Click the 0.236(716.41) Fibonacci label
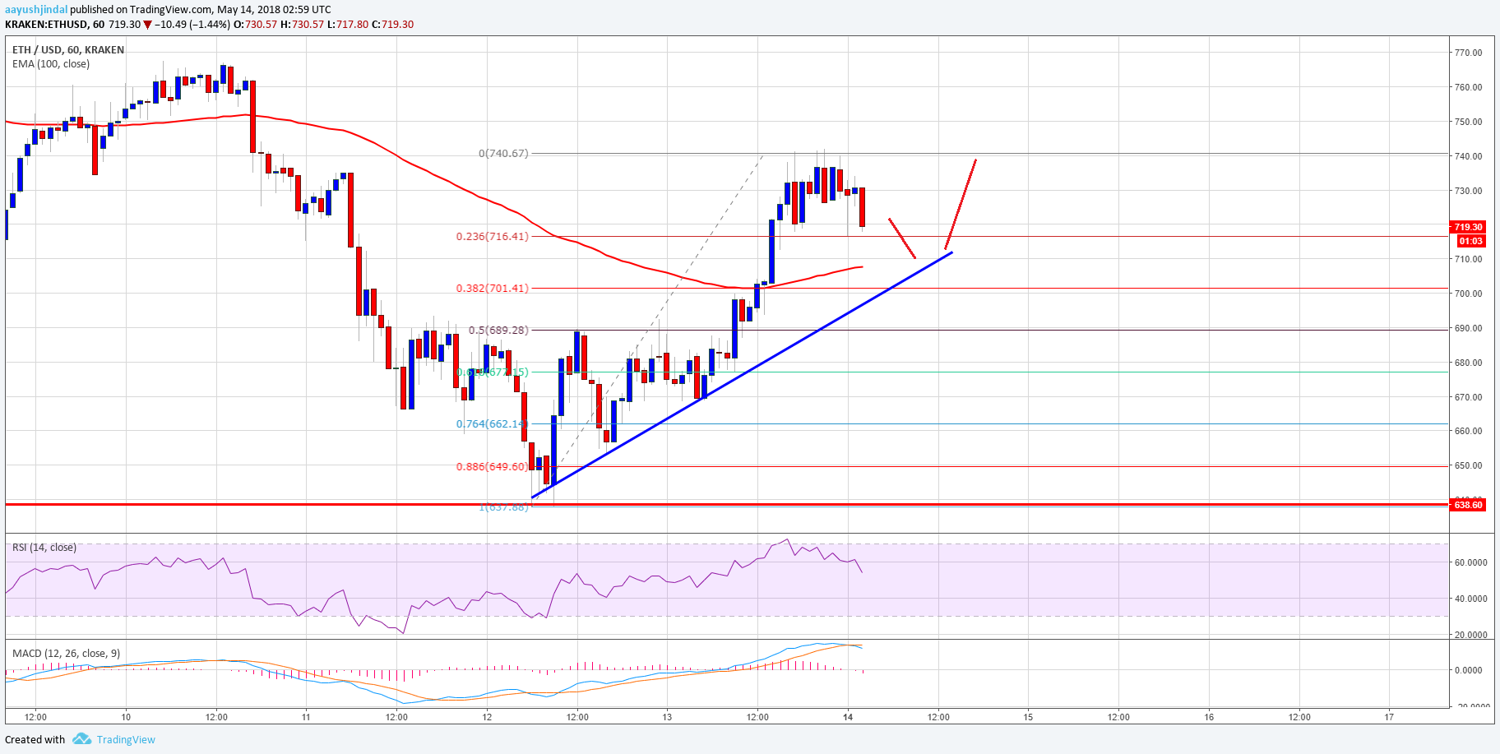click(493, 237)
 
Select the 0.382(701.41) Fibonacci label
click(493, 289)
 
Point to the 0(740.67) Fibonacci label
click(503, 154)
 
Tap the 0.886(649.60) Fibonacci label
click(493, 467)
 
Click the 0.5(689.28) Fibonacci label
click(498, 331)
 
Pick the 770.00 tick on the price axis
click(1468, 53)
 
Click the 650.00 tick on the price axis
click(1468, 465)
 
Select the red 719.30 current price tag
click(1468, 227)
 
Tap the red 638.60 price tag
click(1468, 505)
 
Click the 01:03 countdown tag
click(1470, 241)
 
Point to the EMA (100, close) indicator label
click(51, 64)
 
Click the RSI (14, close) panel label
click(44, 548)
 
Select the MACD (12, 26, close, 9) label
click(66, 654)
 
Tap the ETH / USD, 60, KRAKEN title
click(68, 50)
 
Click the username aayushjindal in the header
click(35, 10)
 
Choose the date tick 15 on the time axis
click(1028, 717)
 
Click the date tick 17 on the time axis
click(1389, 717)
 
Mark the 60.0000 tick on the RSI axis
click(1470, 563)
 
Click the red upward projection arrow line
click(961, 204)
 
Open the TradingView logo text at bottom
click(125, 740)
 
